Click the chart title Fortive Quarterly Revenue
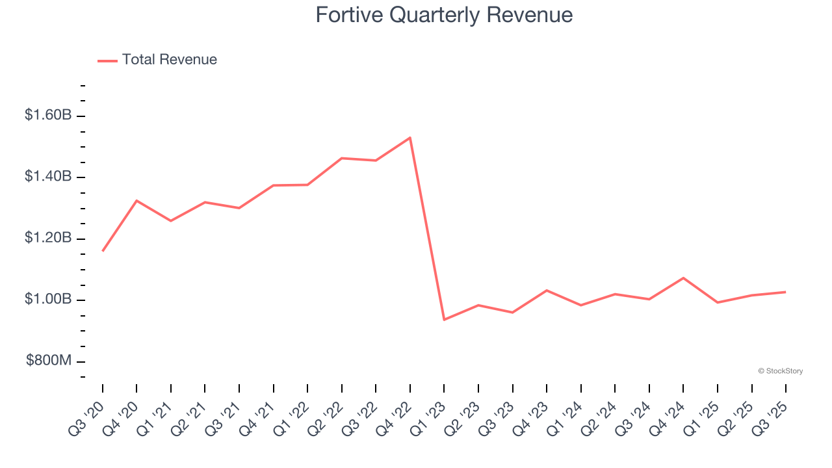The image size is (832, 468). (x=444, y=15)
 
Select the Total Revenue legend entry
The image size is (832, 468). (x=157, y=60)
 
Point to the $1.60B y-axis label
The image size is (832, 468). (x=48, y=115)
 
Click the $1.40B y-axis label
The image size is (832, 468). (x=48, y=177)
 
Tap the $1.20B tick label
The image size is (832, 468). (x=48, y=238)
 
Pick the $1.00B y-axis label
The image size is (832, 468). (x=48, y=300)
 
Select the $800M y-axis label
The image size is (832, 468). (x=49, y=361)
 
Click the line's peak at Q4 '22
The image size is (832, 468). (x=410, y=137)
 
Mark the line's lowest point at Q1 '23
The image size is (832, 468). (x=444, y=320)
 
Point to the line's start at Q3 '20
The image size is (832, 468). (x=103, y=251)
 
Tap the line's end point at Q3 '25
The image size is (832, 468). (x=786, y=292)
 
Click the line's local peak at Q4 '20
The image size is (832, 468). (x=136, y=200)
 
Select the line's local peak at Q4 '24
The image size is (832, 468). (x=683, y=278)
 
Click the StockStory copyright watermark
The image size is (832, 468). (x=780, y=371)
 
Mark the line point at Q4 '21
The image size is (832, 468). (x=273, y=185)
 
